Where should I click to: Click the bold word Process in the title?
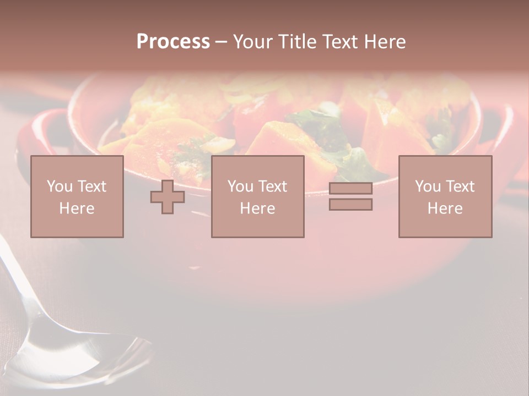coord(173,42)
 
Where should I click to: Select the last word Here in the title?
coord(386,42)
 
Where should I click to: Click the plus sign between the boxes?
coord(168,197)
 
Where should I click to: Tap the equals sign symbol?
coord(350,196)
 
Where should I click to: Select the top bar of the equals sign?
coord(350,189)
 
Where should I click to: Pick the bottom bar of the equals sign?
coord(350,204)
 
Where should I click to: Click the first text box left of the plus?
coord(77,196)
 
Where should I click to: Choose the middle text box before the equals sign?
coord(257,196)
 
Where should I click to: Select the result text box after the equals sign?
coord(445,196)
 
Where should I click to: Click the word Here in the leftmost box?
coord(77,208)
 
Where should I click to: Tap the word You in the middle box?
coord(240,186)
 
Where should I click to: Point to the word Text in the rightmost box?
coord(460,186)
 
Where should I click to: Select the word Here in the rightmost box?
coord(445,208)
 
